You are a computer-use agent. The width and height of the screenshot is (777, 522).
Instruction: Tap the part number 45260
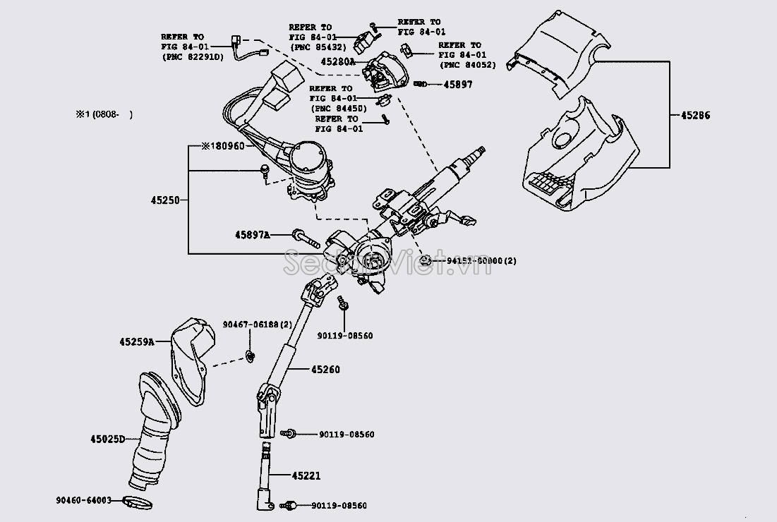coord(324,369)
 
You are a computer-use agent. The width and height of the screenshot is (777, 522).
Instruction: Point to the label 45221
coord(306,476)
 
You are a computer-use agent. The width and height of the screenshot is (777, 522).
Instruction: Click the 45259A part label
coord(136,341)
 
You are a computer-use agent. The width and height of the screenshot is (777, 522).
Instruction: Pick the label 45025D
coord(107,439)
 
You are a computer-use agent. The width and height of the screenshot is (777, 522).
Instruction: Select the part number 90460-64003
coord(83,500)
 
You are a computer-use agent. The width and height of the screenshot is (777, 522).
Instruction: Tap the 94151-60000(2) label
coord(481,261)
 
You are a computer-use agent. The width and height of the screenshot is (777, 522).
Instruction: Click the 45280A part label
coord(338,61)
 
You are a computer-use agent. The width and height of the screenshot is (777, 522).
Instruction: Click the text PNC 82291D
coord(193,56)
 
